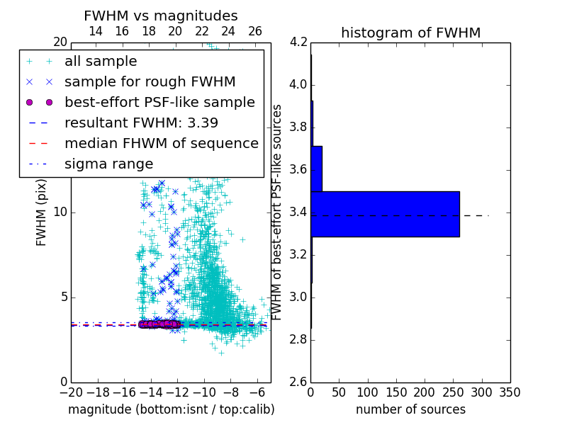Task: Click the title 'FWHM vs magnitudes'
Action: [161, 16]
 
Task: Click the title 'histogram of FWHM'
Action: [410, 33]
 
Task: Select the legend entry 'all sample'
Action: [101, 62]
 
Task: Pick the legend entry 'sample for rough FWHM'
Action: [150, 81]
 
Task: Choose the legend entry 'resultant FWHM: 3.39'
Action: [141, 123]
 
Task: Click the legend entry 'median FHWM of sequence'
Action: [161, 143]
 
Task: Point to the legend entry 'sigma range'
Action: [108, 164]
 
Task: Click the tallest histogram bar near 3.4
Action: [385, 214]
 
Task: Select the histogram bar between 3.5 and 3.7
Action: [317, 169]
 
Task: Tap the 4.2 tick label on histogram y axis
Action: [298, 42]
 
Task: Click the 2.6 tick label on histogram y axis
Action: [298, 382]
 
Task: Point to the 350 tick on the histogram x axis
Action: [510, 392]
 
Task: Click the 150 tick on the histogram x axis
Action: [396, 392]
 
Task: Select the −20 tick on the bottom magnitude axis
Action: [71, 392]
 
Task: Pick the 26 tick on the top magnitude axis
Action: [255, 31]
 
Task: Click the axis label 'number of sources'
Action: [410, 409]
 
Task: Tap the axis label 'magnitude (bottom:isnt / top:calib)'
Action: [171, 409]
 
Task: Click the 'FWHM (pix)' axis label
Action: [42, 211]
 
